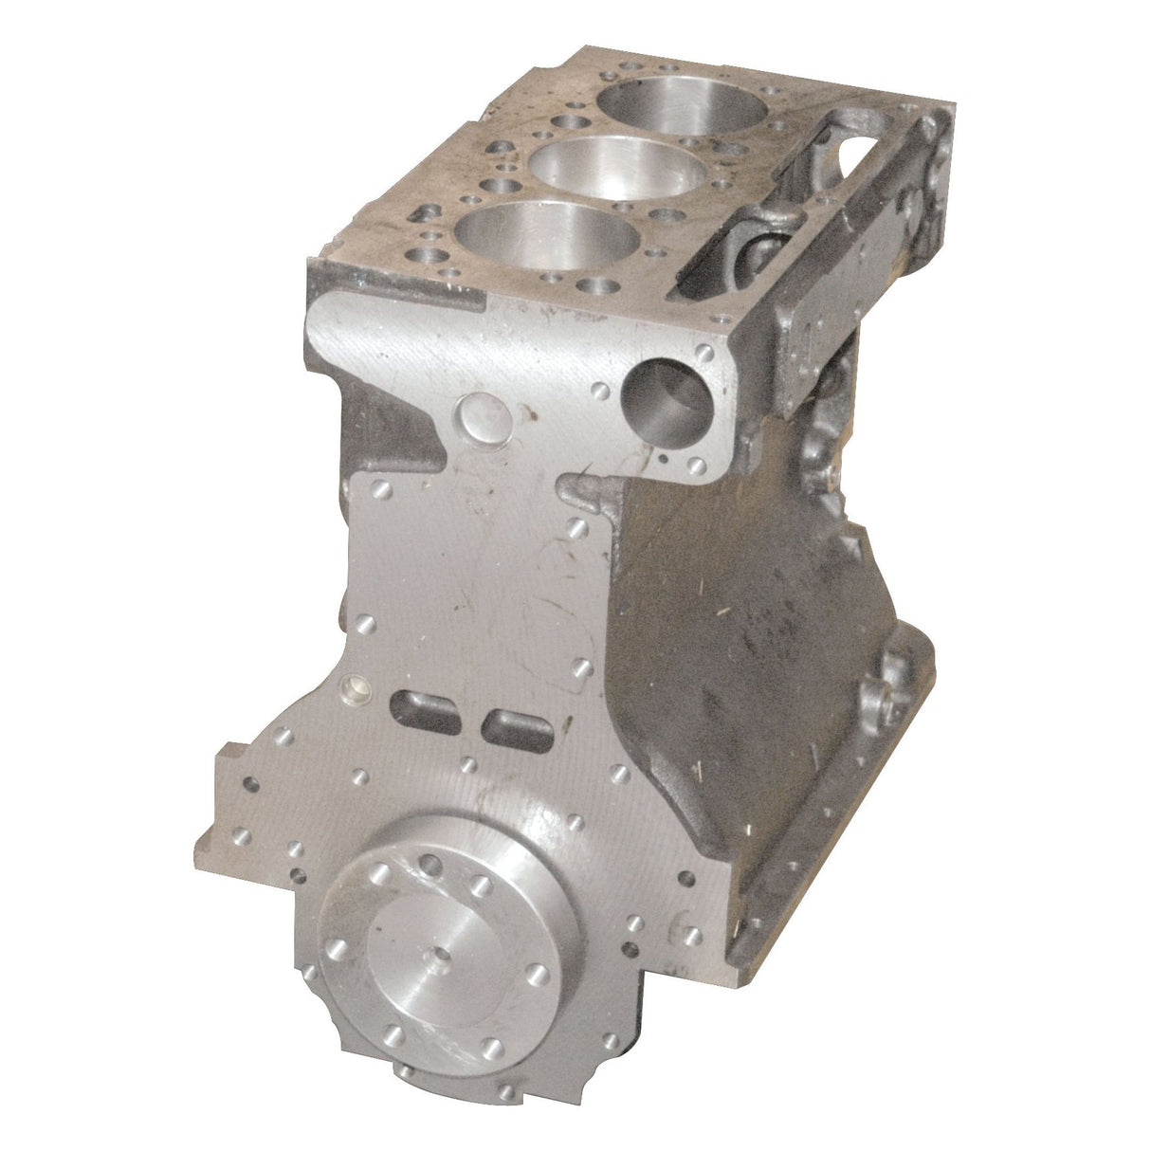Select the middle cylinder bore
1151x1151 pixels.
point(601,167)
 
